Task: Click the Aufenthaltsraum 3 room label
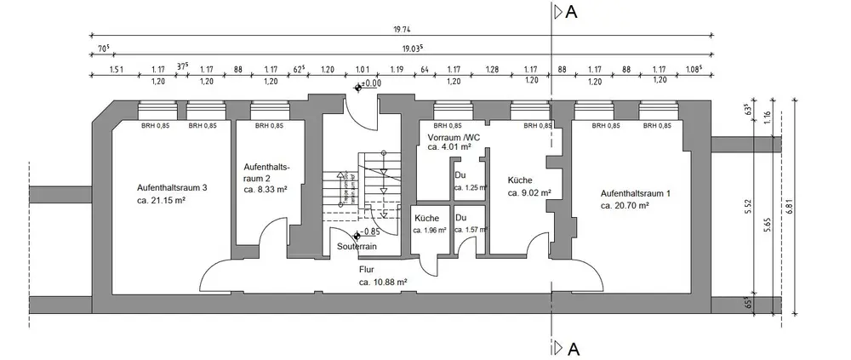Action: point(172,188)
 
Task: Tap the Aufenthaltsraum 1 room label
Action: point(636,193)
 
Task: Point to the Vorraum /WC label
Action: point(454,136)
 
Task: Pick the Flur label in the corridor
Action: point(368,269)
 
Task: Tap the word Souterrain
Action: point(357,247)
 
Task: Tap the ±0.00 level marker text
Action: point(372,83)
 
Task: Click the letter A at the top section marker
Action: point(572,12)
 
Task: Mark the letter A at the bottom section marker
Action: point(573,348)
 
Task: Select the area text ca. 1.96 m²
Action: point(430,230)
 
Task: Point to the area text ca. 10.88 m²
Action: point(382,282)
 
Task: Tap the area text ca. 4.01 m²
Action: point(450,147)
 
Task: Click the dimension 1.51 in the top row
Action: point(117,68)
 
